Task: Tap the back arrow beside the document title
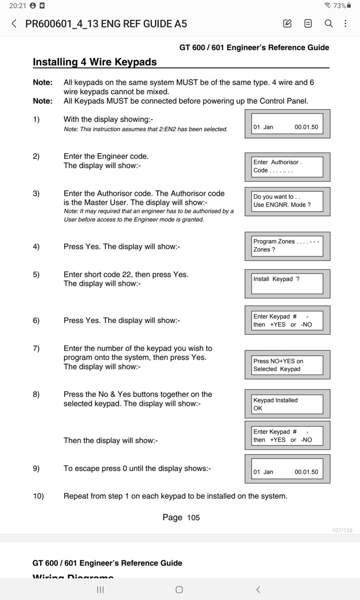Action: tap(14, 24)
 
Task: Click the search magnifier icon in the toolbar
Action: tap(328, 24)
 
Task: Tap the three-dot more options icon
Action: tap(345, 24)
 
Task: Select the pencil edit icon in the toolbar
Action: tap(287, 24)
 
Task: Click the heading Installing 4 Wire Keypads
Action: tap(95, 62)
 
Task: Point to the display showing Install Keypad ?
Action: tap(287, 283)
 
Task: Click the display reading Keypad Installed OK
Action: tap(287, 404)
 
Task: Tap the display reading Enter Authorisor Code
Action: tap(287, 166)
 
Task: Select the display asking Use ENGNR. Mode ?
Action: tap(287, 201)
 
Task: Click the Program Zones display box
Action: tap(287, 246)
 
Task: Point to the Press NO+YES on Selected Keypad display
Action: tap(287, 365)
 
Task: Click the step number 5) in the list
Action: tap(36, 274)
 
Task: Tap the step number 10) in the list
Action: tap(38, 496)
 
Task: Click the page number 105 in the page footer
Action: tap(193, 518)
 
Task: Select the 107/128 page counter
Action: tap(342, 530)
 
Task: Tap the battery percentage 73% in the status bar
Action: tap(339, 6)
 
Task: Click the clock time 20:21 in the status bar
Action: tap(18, 6)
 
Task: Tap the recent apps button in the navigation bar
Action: tap(100, 589)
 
